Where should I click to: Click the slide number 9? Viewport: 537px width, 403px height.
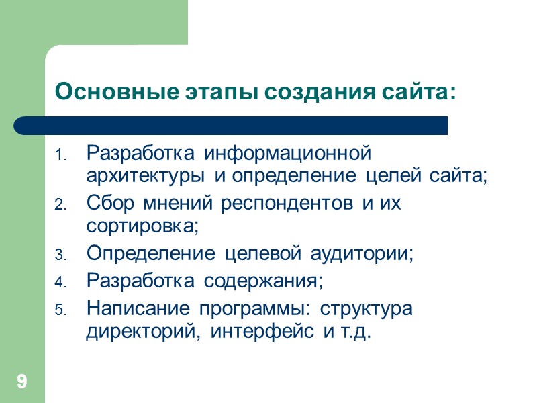(22, 383)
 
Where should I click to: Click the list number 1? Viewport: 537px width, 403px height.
(58, 156)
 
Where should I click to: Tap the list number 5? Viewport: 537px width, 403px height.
(58, 311)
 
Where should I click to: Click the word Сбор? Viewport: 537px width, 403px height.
(107, 204)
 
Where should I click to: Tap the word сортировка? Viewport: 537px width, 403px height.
(143, 227)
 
